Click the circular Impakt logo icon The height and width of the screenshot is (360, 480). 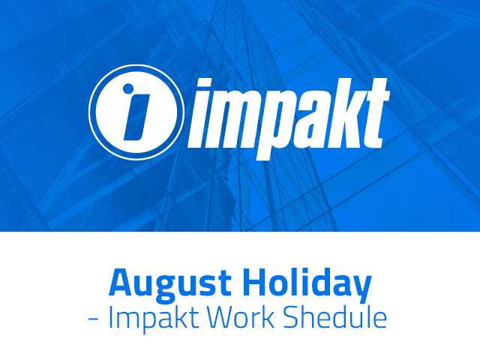tap(136, 112)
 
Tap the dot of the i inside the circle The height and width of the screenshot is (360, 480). tap(128, 88)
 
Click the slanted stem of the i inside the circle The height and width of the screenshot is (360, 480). tap(136, 117)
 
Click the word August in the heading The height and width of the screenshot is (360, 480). tap(170, 283)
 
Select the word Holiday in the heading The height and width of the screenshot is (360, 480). tap(307, 283)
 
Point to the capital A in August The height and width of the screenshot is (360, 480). tap(122, 282)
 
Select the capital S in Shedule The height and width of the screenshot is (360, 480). tap(290, 317)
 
